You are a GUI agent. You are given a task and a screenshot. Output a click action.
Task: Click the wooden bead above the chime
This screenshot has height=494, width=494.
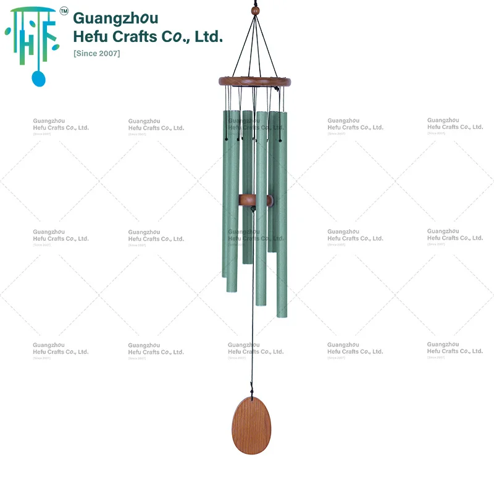click(x=254, y=11)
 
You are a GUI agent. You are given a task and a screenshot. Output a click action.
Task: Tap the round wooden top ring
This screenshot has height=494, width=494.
click(x=254, y=81)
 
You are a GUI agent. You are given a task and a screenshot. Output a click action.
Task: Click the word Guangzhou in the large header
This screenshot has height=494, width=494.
click(x=115, y=18)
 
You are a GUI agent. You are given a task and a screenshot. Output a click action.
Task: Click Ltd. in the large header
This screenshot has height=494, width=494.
click(x=208, y=36)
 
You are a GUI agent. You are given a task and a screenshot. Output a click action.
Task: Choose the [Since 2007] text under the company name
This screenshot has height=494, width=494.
click(x=96, y=53)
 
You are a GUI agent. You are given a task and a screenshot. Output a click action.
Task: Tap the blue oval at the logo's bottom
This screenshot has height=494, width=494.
click(x=38, y=78)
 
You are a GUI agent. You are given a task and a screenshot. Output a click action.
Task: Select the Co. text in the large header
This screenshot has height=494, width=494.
click(x=175, y=36)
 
